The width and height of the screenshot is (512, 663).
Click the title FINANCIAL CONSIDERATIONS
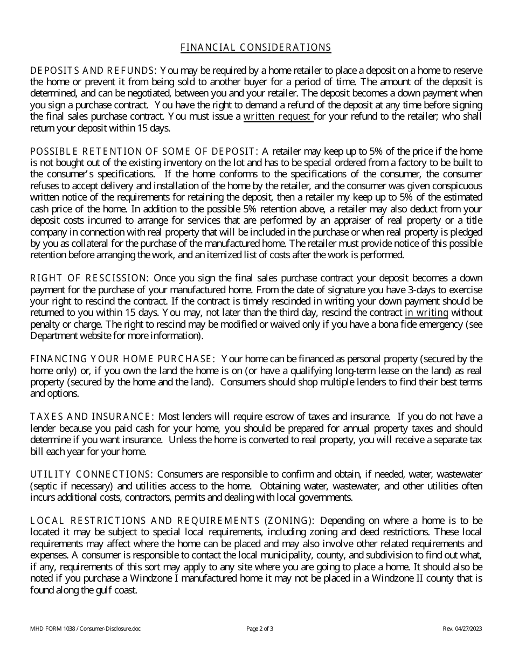point(255,47)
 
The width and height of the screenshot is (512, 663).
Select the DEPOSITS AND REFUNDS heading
point(92,70)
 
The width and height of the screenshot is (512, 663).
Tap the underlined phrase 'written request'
point(277,116)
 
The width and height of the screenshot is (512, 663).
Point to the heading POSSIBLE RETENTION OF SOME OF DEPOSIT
point(144,151)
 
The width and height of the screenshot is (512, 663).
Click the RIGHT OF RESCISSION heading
point(89,278)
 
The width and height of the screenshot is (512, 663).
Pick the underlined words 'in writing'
point(426,313)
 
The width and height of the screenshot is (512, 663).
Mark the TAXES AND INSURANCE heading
point(92,417)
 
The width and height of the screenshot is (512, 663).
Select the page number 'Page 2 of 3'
point(260,629)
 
